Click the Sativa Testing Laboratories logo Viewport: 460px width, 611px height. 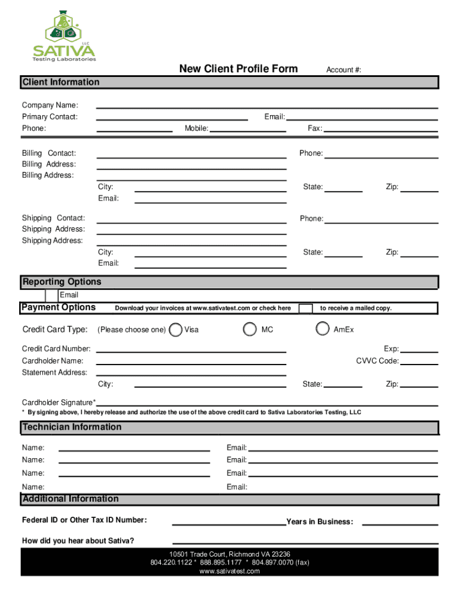coord(63,36)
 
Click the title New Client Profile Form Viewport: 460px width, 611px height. coord(238,69)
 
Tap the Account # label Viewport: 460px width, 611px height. coord(343,70)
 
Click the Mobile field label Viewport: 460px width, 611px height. coord(196,128)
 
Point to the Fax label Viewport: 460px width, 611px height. coord(314,128)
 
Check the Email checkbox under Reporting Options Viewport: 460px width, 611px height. coord(51,295)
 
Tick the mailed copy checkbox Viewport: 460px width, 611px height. coord(305,308)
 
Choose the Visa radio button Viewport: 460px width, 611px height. coord(176,329)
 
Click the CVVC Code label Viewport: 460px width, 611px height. coord(377,361)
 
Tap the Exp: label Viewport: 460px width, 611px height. coord(391,349)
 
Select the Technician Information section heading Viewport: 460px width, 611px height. coord(72,427)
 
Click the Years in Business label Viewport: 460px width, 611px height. coord(320,522)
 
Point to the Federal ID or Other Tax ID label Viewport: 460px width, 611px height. coord(84,520)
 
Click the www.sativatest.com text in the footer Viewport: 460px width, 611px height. coord(229,571)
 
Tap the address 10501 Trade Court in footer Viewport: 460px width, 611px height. coord(229,554)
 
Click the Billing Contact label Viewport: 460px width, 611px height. coord(49,154)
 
